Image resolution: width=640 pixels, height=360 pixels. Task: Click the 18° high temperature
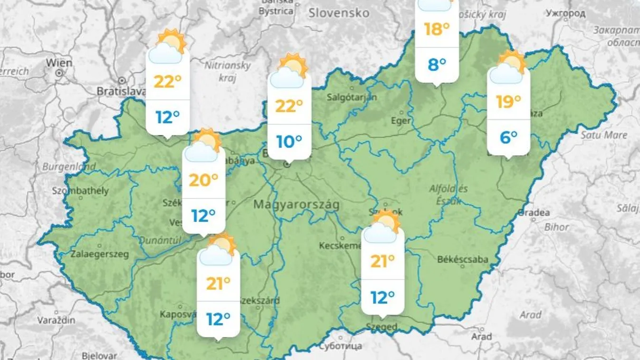[437, 29]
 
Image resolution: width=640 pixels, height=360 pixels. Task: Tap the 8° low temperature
[437, 64]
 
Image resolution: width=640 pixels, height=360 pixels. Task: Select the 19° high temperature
[508, 101]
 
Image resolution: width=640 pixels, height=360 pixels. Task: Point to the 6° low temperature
[508, 137]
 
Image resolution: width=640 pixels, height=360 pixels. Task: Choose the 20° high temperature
[203, 180]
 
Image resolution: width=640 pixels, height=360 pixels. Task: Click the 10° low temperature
[289, 141]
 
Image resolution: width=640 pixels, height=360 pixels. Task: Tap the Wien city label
[59, 63]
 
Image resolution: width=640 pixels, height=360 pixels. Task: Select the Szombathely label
[81, 191]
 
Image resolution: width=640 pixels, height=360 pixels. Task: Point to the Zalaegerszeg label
[100, 254]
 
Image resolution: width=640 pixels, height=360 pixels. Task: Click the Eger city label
[401, 121]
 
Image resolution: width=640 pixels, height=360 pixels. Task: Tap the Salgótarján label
[352, 97]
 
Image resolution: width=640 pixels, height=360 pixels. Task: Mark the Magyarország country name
[296, 205]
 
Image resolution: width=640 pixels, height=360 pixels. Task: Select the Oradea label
[534, 212]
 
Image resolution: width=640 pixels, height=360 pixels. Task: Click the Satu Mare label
[604, 135]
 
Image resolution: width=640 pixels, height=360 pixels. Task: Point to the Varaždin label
[56, 320]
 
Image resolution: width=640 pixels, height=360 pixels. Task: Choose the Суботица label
[341, 346]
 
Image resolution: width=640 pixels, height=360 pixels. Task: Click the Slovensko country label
[339, 13]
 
